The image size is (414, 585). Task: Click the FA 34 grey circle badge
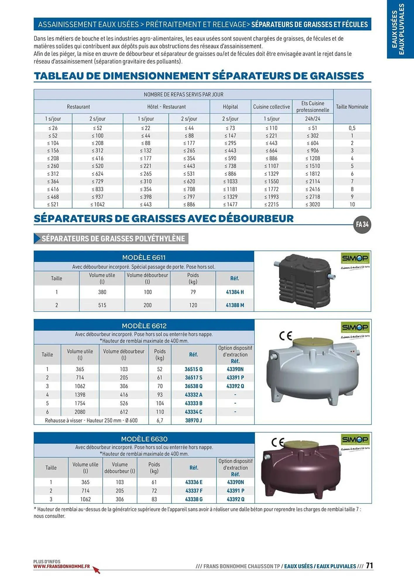362,225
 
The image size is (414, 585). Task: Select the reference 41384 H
235,292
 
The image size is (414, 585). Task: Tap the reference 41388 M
235,305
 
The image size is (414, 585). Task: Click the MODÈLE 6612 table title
144,326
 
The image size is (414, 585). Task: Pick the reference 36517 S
193,378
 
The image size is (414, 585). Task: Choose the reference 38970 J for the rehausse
193,420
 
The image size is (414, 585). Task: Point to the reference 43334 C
193,412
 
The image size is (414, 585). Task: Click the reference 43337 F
194,491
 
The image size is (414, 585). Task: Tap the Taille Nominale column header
352,107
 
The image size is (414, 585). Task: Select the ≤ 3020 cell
313,204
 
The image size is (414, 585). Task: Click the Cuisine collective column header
272,107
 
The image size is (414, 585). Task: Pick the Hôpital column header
230,107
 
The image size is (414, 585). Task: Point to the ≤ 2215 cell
272,204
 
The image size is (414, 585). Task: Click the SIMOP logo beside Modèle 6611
355,259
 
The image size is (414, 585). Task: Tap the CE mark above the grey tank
286,335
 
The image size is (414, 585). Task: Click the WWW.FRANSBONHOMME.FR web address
61,566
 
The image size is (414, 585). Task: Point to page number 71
370,565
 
